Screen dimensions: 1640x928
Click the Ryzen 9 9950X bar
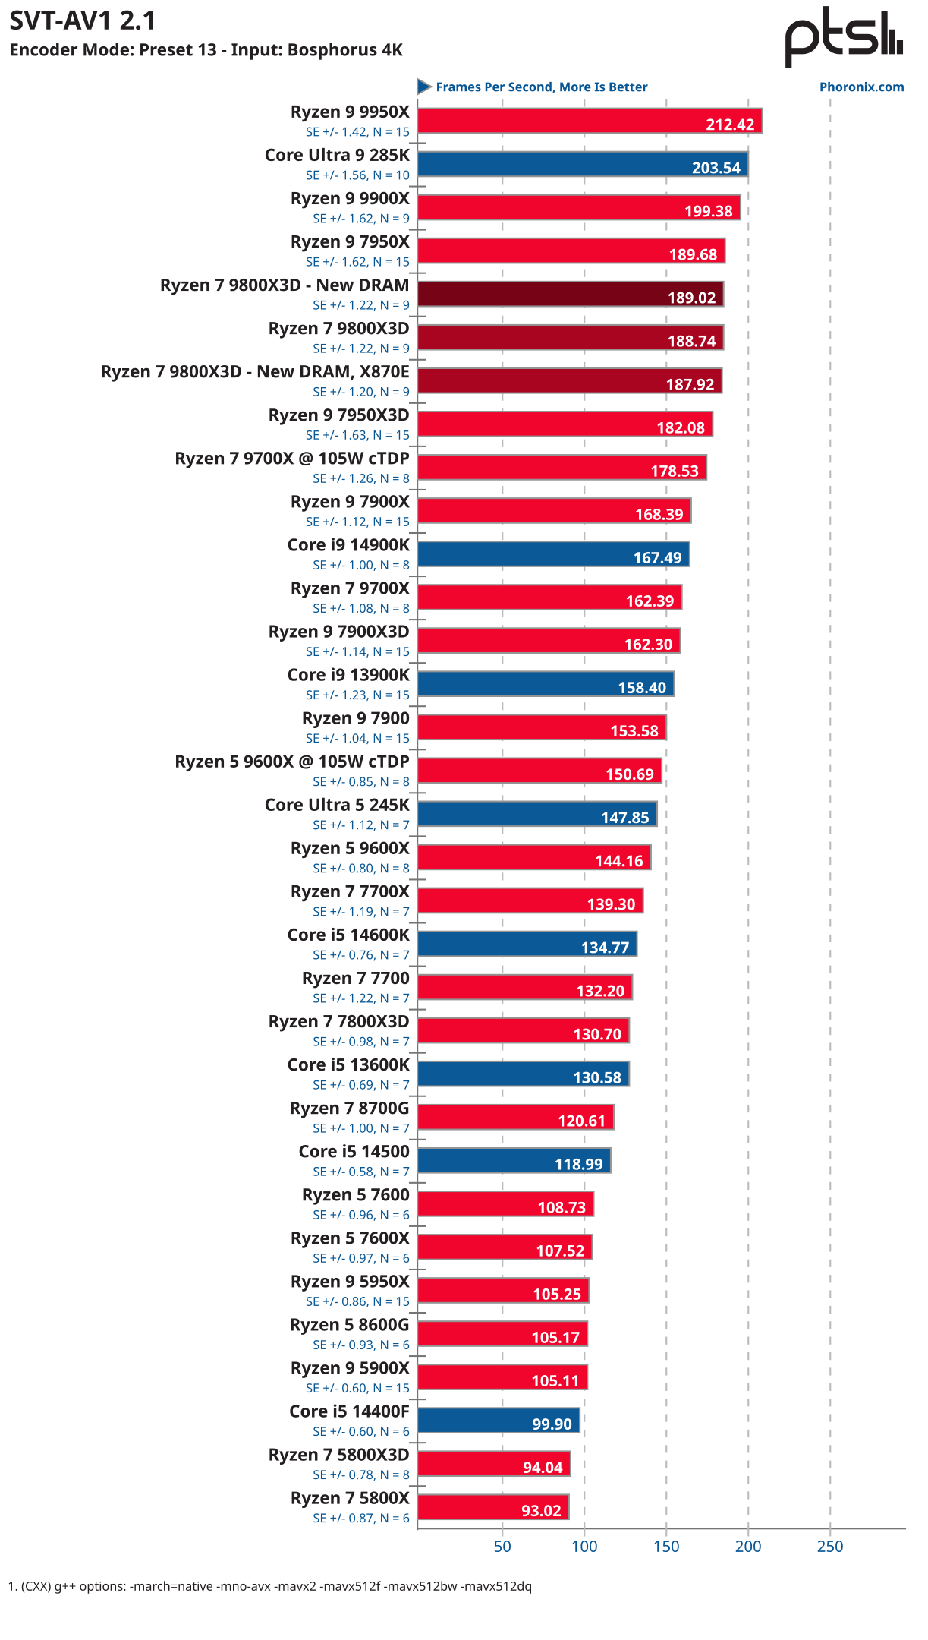click(x=589, y=121)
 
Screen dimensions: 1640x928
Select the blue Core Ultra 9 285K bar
click(x=582, y=165)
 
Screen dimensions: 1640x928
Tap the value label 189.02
click(x=691, y=298)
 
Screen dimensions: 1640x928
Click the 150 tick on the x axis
click(x=666, y=1547)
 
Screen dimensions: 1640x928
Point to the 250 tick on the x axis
click(x=830, y=1547)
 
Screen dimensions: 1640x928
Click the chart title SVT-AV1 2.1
click(x=82, y=20)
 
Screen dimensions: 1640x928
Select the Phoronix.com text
click(x=861, y=87)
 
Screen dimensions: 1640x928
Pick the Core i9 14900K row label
click(x=348, y=545)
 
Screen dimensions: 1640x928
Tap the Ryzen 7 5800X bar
click(x=493, y=1507)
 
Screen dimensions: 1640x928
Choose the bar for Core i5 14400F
click(x=499, y=1421)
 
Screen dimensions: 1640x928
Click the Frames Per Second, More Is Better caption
click(x=541, y=87)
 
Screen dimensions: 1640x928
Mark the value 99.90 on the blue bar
click(x=552, y=1424)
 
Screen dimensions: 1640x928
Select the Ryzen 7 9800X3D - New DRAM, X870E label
click(x=255, y=372)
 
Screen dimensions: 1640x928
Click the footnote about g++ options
click(x=269, y=1586)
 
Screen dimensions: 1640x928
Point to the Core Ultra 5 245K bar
click(x=536, y=814)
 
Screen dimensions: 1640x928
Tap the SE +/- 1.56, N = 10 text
click(x=357, y=175)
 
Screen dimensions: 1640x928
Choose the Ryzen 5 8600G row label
click(x=349, y=1325)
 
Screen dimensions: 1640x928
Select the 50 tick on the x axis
click(x=502, y=1547)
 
